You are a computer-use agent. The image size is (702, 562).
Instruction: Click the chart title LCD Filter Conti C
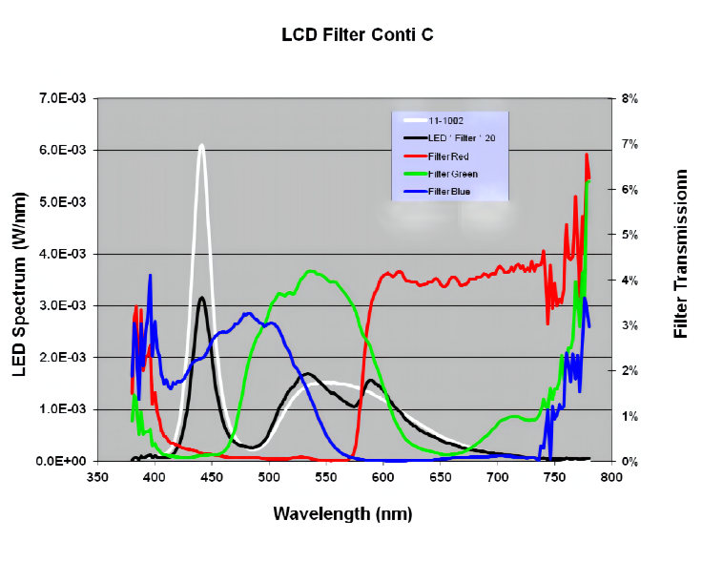[x=358, y=35]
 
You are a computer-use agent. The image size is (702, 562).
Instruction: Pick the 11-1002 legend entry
[x=446, y=120]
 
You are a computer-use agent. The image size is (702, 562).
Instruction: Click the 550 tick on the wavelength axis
[x=327, y=478]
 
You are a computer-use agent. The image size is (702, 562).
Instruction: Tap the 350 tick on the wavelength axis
[x=97, y=478]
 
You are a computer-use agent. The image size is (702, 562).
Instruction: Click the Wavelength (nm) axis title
[x=342, y=513]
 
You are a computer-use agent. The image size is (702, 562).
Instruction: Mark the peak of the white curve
[x=201, y=146]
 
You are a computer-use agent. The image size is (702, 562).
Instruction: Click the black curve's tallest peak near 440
[x=201, y=298]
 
